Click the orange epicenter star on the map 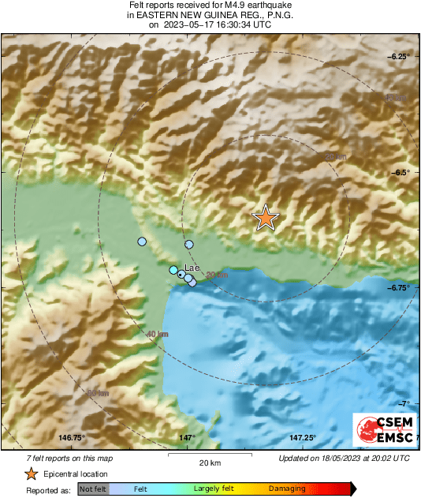[x=266, y=217]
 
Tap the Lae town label [x=191, y=267]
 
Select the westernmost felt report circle [x=142, y=242]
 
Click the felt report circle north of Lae [x=189, y=244]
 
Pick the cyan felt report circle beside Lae [x=173, y=270]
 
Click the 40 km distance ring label [x=158, y=335]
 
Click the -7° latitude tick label [x=402, y=403]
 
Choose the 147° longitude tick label [x=187, y=438]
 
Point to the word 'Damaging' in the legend [x=287, y=489]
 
